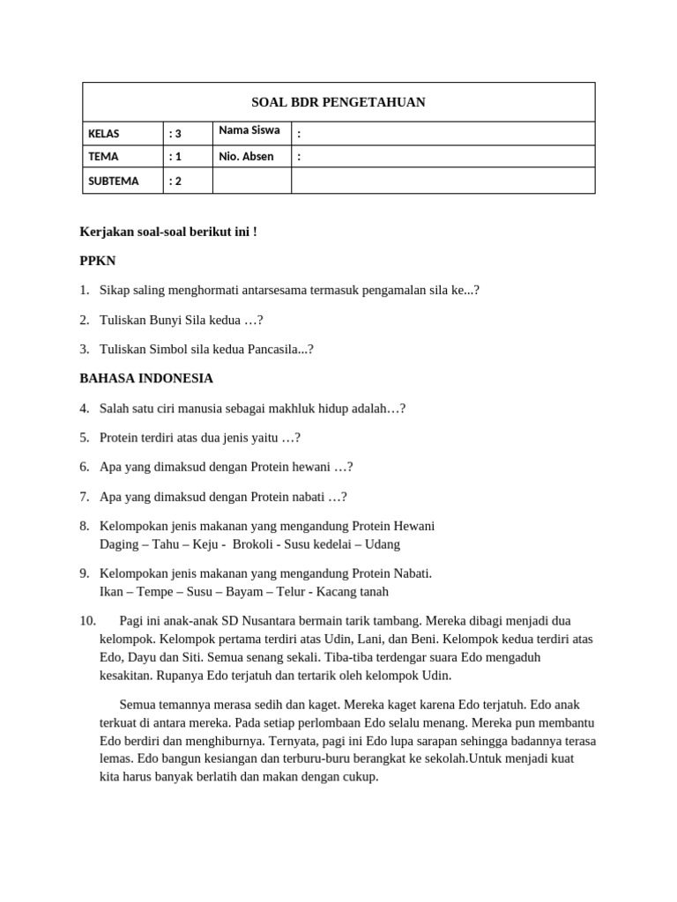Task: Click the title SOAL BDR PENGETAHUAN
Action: (x=338, y=102)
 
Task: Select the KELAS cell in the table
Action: (x=104, y=134)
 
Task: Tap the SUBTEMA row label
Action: (x=114, y=181)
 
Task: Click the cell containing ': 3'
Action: (x=175, y=134)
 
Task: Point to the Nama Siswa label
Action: (x=249, y=130)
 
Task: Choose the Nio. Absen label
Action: (x=246, y=157)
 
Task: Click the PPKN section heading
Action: (x=97, y=262)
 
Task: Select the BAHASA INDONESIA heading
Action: (x=146, y=379)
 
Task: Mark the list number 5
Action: (x=84, y=438)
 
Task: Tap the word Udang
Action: (x=382, y=544)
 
